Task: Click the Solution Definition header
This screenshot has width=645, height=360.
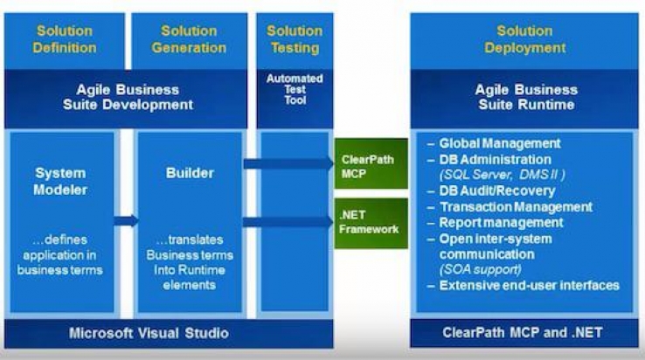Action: [x=64, y=39]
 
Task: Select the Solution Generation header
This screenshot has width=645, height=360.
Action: [x=189, y=39]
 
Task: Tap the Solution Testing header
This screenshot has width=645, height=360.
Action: [x=295, y=39]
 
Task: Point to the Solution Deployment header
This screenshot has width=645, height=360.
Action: [x=524, y=39]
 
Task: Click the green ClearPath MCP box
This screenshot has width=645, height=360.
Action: [x=371, y=163]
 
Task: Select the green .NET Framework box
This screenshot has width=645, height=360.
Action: [x=371, y=222]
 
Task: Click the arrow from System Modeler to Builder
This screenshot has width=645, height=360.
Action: [x=126, y=221]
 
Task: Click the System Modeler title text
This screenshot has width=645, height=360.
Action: [x=60, y=180]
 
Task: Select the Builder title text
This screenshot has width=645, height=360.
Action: [x=190, y=173]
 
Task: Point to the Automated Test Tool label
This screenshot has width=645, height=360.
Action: [x=294, y=89]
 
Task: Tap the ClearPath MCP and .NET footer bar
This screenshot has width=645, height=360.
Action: [x=524, y=333]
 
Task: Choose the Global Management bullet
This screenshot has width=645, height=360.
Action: [x=499, y=143]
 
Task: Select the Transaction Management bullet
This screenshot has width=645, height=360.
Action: [x=516, y=207]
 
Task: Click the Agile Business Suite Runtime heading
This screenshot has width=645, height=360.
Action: [x=524, y=97]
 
